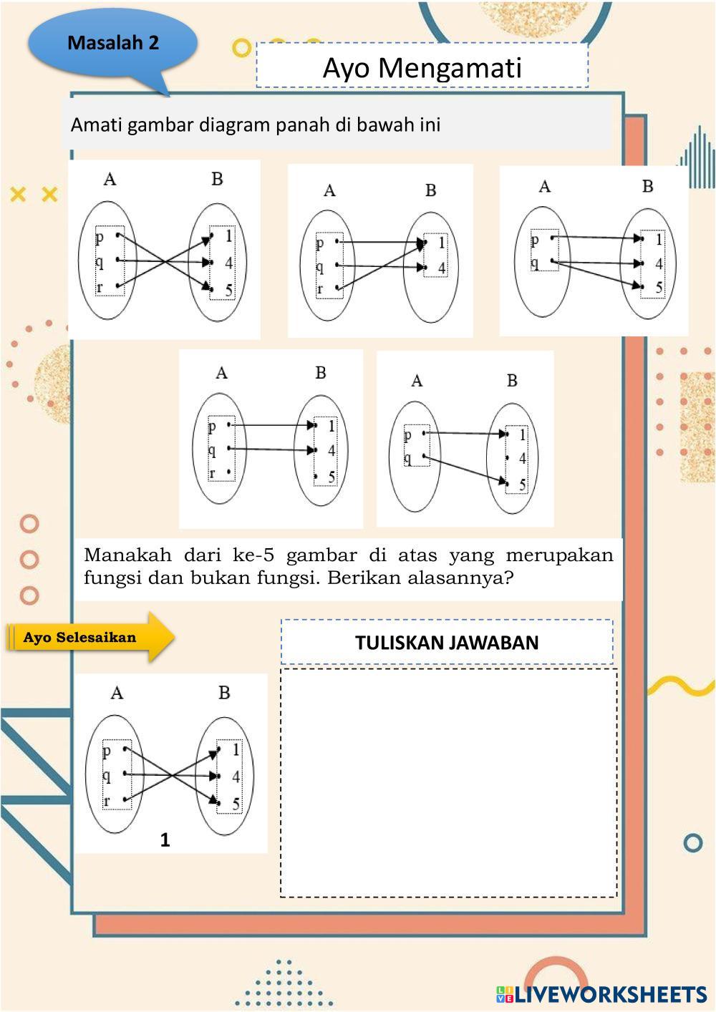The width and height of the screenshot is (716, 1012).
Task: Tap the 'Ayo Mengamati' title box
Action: tap(422, 66)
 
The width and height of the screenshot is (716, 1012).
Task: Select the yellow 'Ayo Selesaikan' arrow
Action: tap(90, 637)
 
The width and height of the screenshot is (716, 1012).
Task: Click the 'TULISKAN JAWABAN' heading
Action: tap(447, 643)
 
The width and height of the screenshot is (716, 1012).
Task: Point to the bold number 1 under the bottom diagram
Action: tap(165, 840)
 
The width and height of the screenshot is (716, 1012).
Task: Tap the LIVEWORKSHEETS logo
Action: tap(601, 995)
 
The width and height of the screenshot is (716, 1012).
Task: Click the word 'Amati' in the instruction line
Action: tap(96, 125)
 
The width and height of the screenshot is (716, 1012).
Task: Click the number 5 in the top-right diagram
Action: tap(659, 287)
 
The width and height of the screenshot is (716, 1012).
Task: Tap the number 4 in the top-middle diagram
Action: tap(442, 268)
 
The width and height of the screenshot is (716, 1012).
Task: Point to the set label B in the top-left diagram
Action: tap(218, 180)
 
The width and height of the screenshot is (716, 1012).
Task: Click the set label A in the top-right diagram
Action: tap(545, 186)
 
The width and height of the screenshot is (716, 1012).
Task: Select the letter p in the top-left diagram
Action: tap(100, 238)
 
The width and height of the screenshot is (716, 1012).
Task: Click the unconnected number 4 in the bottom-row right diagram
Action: tap(523, 459)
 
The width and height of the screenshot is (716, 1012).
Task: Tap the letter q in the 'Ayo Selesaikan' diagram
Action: tap(107, 776)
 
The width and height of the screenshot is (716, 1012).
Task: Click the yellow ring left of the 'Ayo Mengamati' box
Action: tap(242, 48)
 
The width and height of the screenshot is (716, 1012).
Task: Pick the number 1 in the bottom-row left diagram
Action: tap(332, 426)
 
